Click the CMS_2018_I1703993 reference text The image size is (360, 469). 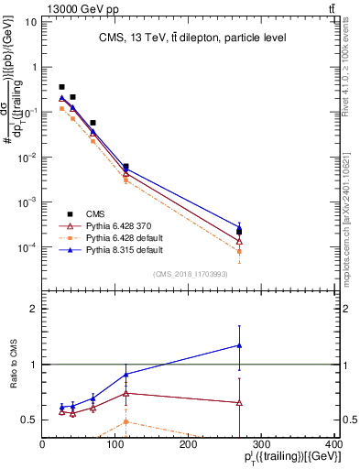click(191, 274)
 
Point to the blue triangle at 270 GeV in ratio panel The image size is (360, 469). click(239, 345)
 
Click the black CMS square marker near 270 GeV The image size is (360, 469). click(239, 232)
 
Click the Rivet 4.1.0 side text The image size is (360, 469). click(351, 73)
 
